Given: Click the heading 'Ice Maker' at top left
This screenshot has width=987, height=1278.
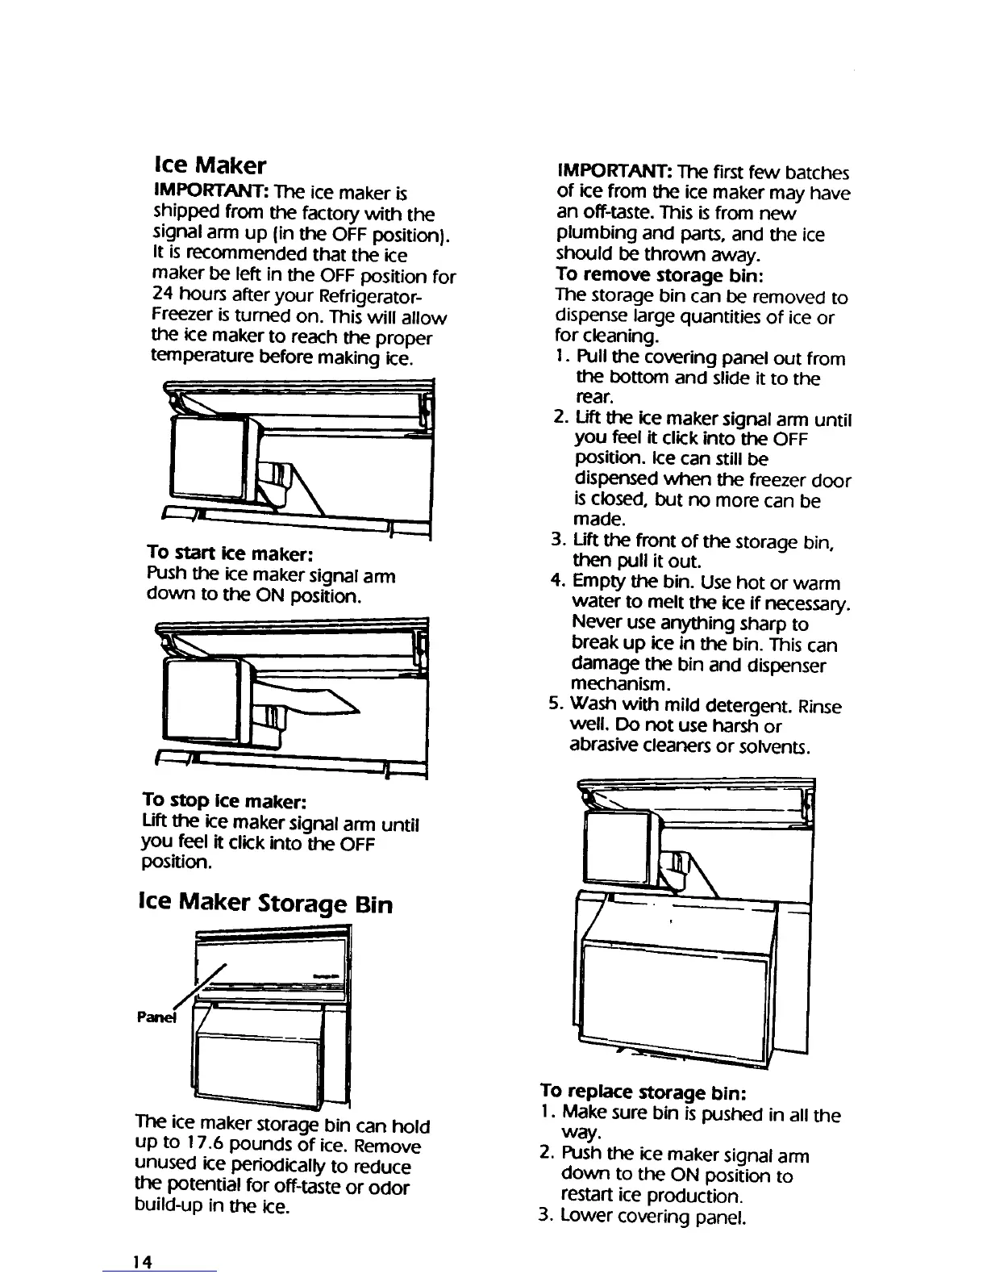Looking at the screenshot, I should pos(209,165).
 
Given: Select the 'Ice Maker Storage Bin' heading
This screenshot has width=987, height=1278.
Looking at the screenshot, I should pos(266,904).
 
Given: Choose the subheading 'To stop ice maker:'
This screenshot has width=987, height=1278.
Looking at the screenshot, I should pos(224,801).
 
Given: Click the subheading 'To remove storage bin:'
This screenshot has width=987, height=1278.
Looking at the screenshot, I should pos(655,276).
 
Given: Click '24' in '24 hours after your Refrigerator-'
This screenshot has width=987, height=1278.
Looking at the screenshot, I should pos(164,296).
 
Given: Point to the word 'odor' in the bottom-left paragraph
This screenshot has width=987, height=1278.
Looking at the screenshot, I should pos(391,1188).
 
